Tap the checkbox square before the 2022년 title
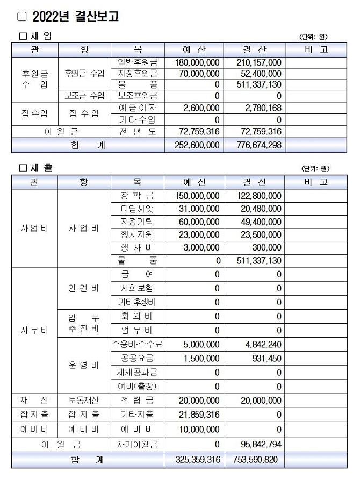tap(21, 17)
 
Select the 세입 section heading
tap(40, 36)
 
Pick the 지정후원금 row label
tap(138, 73)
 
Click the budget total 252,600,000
tap(197, 145)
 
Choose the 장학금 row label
tap(138, 196)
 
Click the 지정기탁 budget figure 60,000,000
tap(197, 222)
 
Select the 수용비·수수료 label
tap(138, 344)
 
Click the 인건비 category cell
tap(83, 288)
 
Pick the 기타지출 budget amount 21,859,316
tap(197, 415)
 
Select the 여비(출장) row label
tap(138, 386)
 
